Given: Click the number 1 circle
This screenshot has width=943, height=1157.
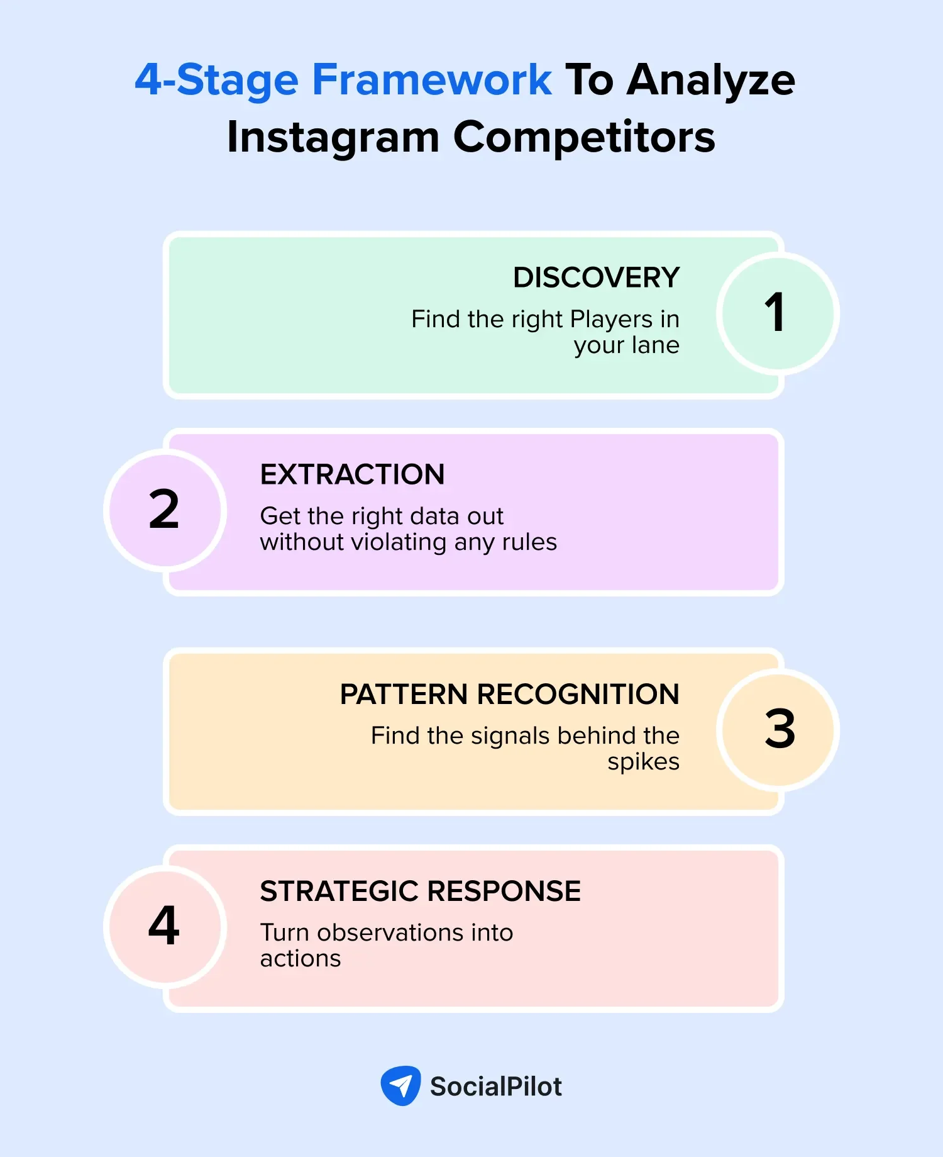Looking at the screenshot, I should point(778,313).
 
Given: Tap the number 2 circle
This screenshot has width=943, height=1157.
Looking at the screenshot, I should point(165,510).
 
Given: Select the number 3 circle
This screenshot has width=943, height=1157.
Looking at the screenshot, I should point(778,729).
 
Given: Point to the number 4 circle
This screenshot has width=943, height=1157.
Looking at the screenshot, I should point(165,926).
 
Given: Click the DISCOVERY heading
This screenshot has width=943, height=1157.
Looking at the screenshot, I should point(596,277).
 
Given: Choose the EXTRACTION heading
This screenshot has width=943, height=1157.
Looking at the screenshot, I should point(352,474).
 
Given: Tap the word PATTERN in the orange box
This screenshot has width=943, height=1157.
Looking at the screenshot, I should point(404,695).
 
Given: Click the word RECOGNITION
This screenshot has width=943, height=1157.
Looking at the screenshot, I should point(578,695).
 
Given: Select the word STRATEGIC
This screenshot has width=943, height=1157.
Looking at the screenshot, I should point(339,892).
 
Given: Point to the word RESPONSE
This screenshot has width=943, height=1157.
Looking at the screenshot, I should point(504,892).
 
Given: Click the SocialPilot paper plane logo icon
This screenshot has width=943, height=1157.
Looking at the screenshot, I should point(400,1085).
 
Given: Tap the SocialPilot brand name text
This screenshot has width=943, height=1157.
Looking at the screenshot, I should point(495,1087).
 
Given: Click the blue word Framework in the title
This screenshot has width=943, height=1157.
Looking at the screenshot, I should point(432,80).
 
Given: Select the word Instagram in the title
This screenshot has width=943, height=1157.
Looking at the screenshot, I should point(333,137).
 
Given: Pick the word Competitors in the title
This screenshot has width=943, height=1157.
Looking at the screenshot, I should point(584,137).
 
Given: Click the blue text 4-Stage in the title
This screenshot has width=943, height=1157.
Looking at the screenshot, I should point(217,80).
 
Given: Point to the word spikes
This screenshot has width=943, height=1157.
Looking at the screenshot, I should point(643,763).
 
